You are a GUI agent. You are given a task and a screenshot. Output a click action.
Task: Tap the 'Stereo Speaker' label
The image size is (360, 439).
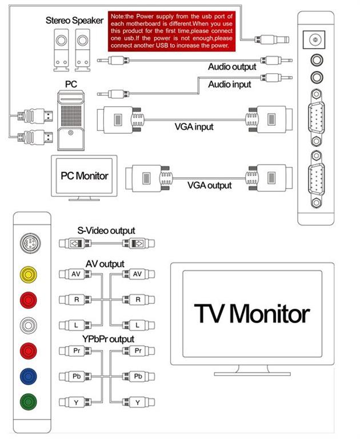coord(75,21)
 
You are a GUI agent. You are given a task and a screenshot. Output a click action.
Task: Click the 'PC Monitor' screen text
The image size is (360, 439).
coord(84,175)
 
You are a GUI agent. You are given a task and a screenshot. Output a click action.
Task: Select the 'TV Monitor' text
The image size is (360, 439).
coord(252,313)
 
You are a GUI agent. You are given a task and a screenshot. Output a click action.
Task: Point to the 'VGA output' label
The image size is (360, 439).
coord(210,185)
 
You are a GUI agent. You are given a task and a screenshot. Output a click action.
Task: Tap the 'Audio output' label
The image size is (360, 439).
coord(232,67)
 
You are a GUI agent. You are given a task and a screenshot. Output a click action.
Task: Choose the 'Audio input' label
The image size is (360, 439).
coord(229,85)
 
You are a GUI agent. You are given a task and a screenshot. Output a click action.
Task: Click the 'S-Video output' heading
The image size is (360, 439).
coord(107,230)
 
